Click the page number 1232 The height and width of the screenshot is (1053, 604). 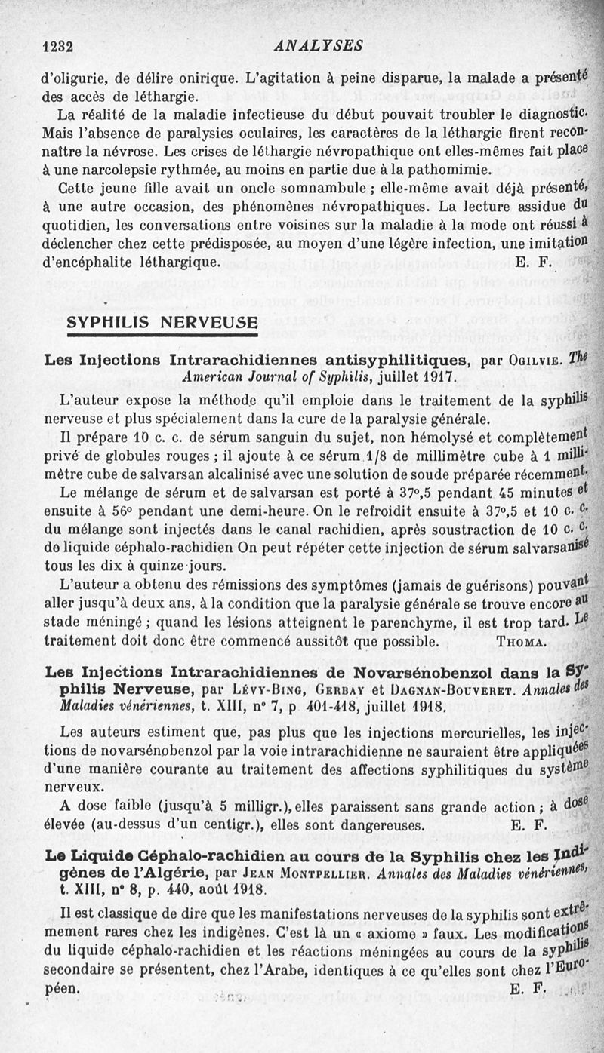pyautogui.click(x=57, y=46)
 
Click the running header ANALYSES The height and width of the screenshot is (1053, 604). pyautogui.click(x=319, y=46)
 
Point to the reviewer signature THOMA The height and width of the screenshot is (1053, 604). pyautogui.click(x=521, y=642)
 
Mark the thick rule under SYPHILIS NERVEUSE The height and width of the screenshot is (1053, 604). pyautogui.click(x=162, y=336)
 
